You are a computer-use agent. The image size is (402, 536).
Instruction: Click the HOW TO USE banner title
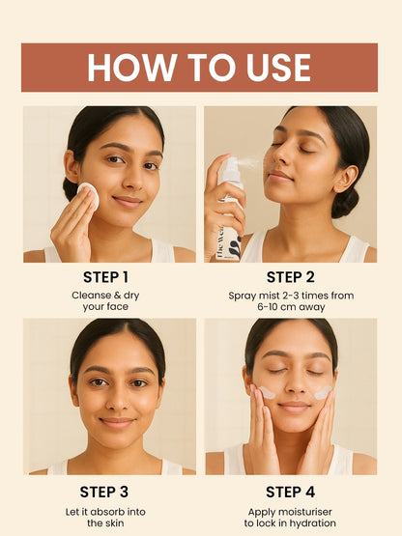coord(199,68)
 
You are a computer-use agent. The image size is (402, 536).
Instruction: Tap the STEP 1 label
coord(105,277)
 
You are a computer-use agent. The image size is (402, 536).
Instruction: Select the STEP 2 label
coord(291,277)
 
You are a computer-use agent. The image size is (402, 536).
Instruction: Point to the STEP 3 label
coord(104,493)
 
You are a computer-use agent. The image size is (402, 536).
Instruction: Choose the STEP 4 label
coord(291,493)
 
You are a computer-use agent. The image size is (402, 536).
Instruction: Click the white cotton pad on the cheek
coord(88,195)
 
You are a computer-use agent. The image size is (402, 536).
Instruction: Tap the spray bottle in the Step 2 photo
coord(230,209)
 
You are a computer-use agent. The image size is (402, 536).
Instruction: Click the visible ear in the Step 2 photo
coord(345,179)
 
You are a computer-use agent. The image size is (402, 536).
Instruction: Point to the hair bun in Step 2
coord(346,203)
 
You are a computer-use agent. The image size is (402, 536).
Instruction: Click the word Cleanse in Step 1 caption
coord(92,296)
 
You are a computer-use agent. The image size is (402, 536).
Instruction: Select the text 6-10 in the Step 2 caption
coord(268,306)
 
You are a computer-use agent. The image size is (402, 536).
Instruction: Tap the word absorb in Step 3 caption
coord(102,512)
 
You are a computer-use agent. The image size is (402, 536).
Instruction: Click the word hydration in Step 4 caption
coord(313,523)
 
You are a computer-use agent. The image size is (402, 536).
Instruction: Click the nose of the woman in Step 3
coord(117,399)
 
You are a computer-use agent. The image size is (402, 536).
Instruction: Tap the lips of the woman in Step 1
coord(128,201)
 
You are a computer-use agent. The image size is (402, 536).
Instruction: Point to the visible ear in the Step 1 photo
coord(72,167)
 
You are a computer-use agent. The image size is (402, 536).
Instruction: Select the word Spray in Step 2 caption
coord(241,296)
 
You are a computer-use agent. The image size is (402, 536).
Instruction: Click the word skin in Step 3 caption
coord(114,523)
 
